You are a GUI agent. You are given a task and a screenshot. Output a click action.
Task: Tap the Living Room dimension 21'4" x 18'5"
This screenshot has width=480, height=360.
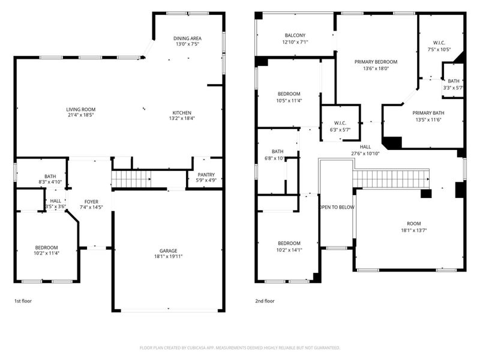point(81,115)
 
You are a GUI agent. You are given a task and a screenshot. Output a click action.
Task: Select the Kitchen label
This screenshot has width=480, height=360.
point(182,113)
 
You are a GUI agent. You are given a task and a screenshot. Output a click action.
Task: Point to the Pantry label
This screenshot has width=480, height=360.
point(206,175)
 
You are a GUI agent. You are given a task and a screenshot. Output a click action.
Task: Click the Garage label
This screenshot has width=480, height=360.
point(168,251)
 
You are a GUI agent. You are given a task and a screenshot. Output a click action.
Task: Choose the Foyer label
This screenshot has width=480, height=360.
point(91,202)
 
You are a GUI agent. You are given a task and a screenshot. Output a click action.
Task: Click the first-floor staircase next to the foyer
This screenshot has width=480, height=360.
point(131,179)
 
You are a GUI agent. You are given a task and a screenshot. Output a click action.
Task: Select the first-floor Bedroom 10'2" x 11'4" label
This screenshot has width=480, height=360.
point(46,248)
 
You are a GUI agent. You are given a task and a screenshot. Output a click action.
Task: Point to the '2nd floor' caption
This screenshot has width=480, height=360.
point(265,301)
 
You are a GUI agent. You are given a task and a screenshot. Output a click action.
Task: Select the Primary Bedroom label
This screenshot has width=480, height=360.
point(376,62)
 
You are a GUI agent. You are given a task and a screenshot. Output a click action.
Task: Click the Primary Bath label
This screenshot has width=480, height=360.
point(428,113)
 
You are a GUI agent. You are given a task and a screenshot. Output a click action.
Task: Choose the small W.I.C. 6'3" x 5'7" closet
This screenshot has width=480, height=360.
point(340,123)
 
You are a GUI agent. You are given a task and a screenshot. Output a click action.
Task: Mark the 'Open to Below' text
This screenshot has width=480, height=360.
point(337,207)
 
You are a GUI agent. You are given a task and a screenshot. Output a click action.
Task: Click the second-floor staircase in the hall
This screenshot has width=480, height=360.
point(391,179)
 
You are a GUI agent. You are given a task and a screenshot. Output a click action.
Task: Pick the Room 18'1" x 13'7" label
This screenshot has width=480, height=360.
point(414,223)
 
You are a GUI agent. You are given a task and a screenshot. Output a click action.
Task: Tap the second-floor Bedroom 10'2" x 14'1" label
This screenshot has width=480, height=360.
point(289,243)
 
